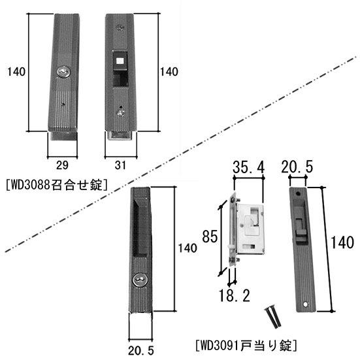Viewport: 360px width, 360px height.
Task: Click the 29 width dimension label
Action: point(62,165)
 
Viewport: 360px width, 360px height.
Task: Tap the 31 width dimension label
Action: point(120,165)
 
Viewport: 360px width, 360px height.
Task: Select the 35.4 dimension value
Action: point(249,167)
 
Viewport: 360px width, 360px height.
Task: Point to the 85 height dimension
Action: point(210,237)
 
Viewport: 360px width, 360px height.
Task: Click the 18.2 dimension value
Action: point(234,295)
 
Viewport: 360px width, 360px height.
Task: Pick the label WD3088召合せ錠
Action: point(56,185)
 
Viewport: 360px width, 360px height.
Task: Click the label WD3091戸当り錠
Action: point(246,346)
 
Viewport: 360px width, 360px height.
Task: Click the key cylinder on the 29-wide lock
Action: point(63,73)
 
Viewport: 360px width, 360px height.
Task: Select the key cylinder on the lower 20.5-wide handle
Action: point(140,280)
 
